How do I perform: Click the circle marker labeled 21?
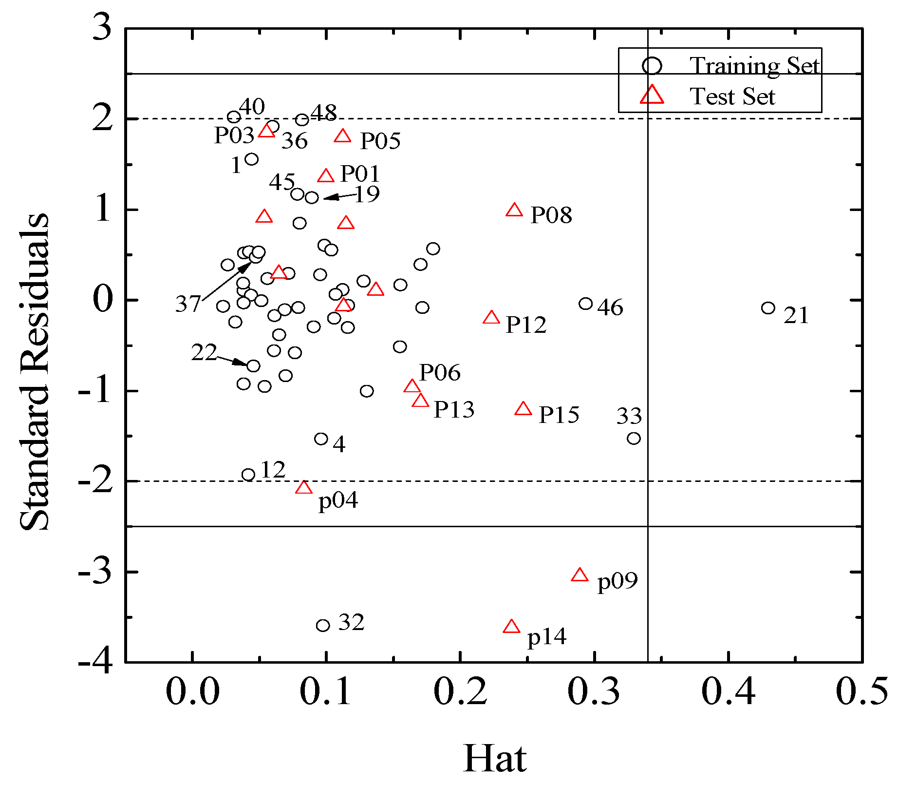(x=768, y=308)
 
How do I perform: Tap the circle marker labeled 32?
(x=323, y=625)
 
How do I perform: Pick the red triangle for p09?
(x=580, y=575)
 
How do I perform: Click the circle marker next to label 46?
(x=585, y=304)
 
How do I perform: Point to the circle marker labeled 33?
(x=634, y=439)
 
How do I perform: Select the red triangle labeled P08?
(x=514, y=211)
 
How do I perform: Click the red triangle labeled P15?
(x=524, y=409)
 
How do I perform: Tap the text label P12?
(x=526, y=325)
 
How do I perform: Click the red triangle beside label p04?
(x=304, y=488)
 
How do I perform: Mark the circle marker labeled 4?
(x=321, y=439)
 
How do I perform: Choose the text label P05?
(x=380, y=141)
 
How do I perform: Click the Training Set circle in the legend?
(x=652, y=65)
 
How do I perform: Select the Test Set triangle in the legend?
(x=652, y=95)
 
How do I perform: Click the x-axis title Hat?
(x=494, y=758)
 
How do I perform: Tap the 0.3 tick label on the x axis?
(x=594, y=692)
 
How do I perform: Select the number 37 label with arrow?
(x=188, y=304)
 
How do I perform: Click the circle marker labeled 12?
(x=248, y=475)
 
